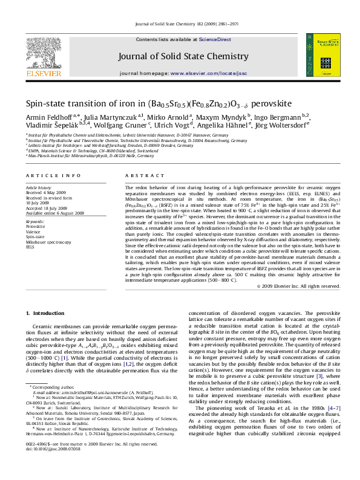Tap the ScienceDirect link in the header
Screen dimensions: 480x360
(215, 39)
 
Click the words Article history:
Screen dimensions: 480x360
(39, 188)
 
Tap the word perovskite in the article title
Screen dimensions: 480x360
(267, 104)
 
